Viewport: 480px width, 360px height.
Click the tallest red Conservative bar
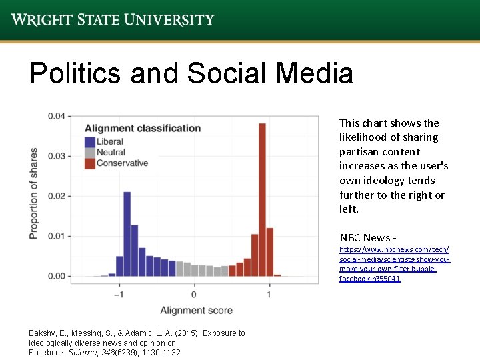click(262, 199)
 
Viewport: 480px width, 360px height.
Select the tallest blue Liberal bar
click(127, 233)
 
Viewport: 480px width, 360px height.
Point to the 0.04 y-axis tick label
click(57, 116)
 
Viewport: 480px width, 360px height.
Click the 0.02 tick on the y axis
click(57, 196)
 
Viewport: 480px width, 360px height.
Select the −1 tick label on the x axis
click(119, 294)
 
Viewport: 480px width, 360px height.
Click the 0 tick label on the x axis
click(194, 294)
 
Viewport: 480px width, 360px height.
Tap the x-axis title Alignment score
click(196, 311)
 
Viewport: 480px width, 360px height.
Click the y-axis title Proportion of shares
click(33, 193)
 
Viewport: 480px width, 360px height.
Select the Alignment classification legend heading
click(143, 128)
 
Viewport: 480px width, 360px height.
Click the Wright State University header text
click(112, 19)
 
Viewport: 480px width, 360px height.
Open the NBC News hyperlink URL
click(394, 263)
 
